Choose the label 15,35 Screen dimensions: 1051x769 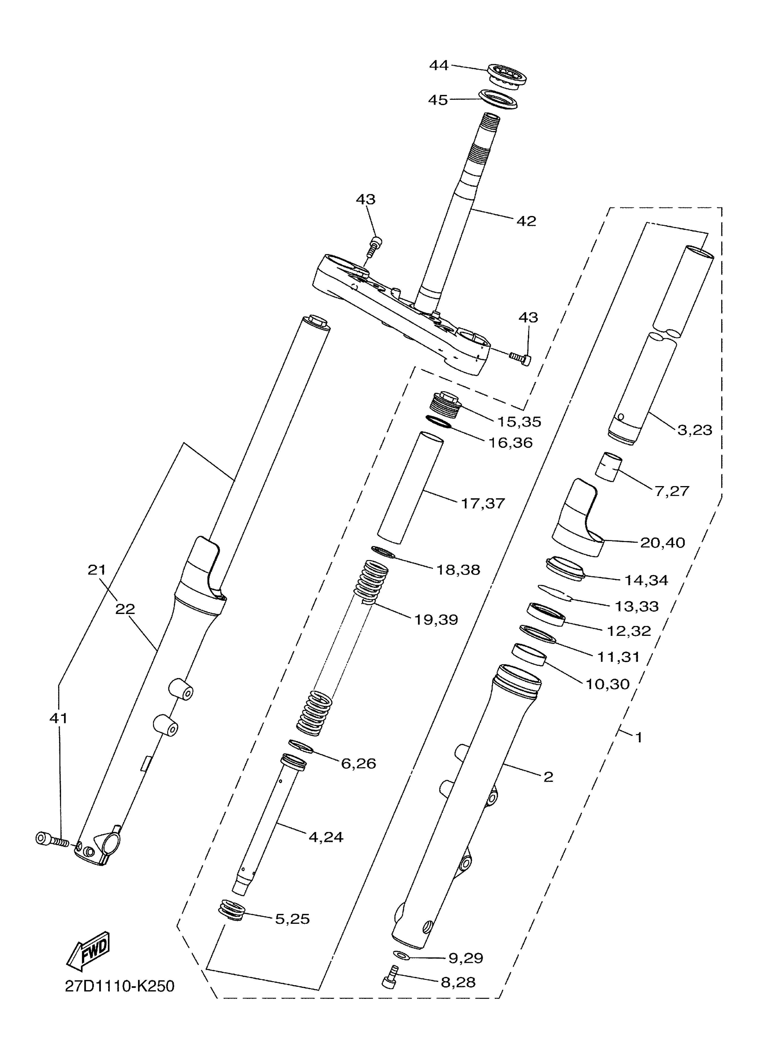click(519, 422)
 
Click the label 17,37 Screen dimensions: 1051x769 click(483, 503)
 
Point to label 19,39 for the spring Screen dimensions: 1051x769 click(436, 620)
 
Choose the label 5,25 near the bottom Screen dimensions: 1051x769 click(292, 919)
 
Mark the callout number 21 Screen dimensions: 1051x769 click(97, 570)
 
